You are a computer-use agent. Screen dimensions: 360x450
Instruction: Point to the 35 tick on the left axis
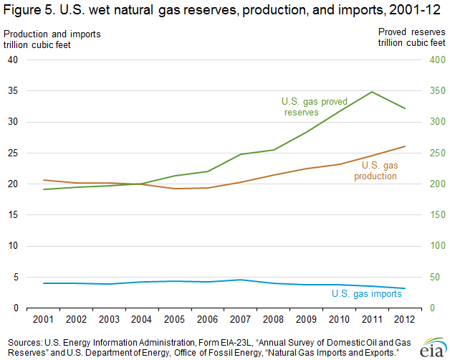tap(13, 91)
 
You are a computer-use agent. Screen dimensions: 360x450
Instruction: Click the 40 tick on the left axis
tap(13, 60)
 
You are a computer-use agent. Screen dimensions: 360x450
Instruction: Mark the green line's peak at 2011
tap(371, 92)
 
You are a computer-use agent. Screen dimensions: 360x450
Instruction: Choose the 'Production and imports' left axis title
tap(52, 34)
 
